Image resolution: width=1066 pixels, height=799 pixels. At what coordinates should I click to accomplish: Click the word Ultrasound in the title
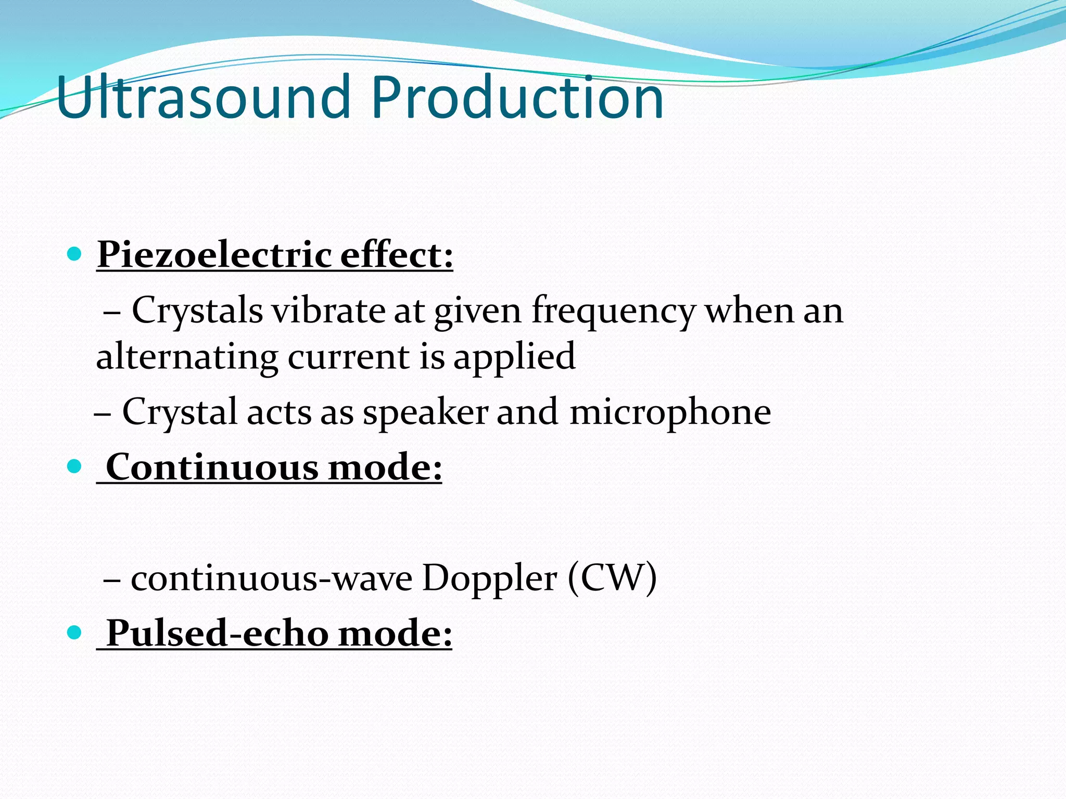203,97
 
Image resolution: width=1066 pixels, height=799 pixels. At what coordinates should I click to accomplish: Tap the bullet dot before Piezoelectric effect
75,254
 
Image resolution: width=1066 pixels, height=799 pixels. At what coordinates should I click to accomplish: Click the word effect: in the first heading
397,255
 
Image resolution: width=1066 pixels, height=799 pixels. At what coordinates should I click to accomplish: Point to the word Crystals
197,311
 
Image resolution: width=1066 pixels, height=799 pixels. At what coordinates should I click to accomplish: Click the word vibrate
328,311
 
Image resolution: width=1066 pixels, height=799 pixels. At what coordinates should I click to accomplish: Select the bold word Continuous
212,467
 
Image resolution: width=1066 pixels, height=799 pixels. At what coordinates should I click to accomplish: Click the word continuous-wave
271,578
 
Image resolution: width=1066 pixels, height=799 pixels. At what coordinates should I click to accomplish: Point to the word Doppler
489,579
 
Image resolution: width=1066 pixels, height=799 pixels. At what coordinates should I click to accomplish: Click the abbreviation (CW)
612,578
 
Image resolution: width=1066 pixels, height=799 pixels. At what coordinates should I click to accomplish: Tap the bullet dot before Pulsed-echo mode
75,633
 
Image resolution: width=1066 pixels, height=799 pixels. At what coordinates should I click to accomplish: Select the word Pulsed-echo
218,634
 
